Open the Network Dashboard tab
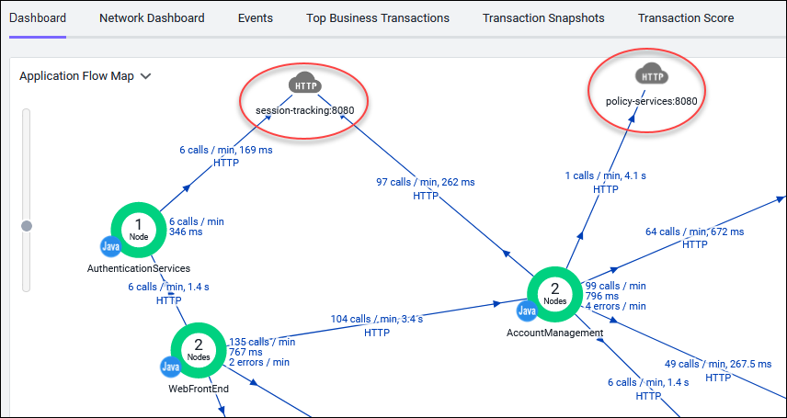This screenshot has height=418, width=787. (x=152, y=18)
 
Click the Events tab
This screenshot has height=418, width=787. (x=256, y=18)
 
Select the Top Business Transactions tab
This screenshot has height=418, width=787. (x=378, y=18)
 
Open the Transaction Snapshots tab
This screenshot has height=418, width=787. (x=543, y=18)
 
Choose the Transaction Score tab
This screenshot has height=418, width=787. (x=686, y=18)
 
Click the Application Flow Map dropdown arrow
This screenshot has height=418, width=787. (x=145, y=77)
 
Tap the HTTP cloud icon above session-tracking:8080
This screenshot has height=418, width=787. (x=305, y=85)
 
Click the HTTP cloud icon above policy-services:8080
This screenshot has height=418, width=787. (x=652, y=75)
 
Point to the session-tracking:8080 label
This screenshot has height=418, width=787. (x=305, y=111)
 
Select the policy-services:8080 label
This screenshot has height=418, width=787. (x=652, y=101)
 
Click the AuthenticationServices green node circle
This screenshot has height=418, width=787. (x=139, y=231)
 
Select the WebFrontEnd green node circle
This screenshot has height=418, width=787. (x=199, y=351)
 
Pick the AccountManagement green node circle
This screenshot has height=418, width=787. (x=554, y=295)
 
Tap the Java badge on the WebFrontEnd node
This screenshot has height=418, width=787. (x=171, y=367)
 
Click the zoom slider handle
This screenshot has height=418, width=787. (x=27, y=226)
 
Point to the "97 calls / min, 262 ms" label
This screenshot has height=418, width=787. (x=426, y=182)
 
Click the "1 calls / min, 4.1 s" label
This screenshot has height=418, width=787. (x=605, y=175)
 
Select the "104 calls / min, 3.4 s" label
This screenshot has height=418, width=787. (x=376, y=319)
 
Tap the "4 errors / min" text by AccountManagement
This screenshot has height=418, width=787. (x=616, y=306)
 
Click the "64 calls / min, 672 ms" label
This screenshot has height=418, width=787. (x=695, y=232)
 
